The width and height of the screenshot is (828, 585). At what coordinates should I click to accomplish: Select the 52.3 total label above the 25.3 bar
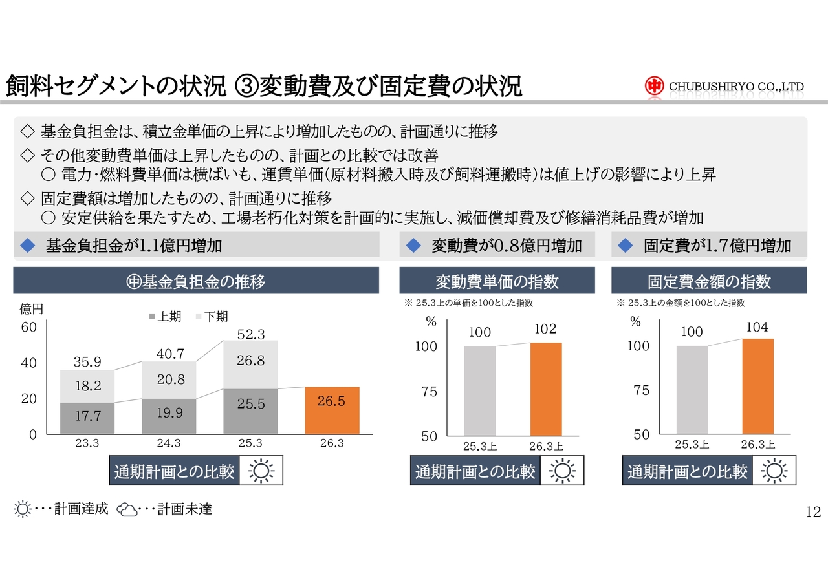coord(251,334)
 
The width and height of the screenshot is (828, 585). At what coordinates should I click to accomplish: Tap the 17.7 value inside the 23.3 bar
coord(87,416)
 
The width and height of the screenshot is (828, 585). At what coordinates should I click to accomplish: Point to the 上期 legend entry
coord(165,317)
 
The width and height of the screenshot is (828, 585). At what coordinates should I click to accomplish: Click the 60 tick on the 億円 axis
coord(29,327)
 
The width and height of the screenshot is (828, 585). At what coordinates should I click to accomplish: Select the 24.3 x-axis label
coord(169,443)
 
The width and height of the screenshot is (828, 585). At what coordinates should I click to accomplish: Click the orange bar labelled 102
coord(546,388)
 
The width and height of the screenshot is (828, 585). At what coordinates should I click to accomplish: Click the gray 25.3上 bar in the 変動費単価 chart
coord(480,390)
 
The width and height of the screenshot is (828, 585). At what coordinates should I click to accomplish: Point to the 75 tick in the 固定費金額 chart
coord(641,390)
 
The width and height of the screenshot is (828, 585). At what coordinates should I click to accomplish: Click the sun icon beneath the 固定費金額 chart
coord(774,471)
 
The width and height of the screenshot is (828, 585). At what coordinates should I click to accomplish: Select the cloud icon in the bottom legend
coord(127,510)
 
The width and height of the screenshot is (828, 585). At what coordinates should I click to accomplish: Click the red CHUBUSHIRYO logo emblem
coord(654,86)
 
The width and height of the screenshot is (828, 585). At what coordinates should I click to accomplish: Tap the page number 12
coord(813,513)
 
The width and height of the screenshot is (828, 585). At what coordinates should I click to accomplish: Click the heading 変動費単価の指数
coord(497,282)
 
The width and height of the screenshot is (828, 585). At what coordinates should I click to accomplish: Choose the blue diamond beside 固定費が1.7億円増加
coord(625,246)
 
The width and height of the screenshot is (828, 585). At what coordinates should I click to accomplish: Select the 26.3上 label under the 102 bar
coord(546,445)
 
